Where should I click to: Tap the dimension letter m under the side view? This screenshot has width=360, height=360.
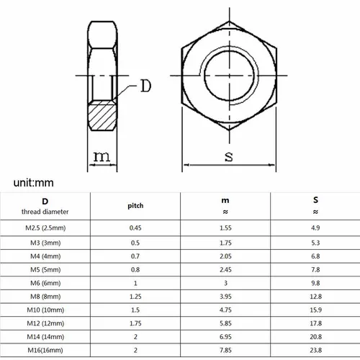click(103, 156)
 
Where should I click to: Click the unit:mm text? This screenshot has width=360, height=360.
click(34, 184)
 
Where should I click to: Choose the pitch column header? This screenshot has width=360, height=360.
click(135, 205)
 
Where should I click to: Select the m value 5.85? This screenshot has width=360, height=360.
click(225, 324)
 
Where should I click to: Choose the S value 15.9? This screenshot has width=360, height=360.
click(315, 310)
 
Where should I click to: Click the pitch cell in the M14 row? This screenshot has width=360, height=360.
click(135, 337)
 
